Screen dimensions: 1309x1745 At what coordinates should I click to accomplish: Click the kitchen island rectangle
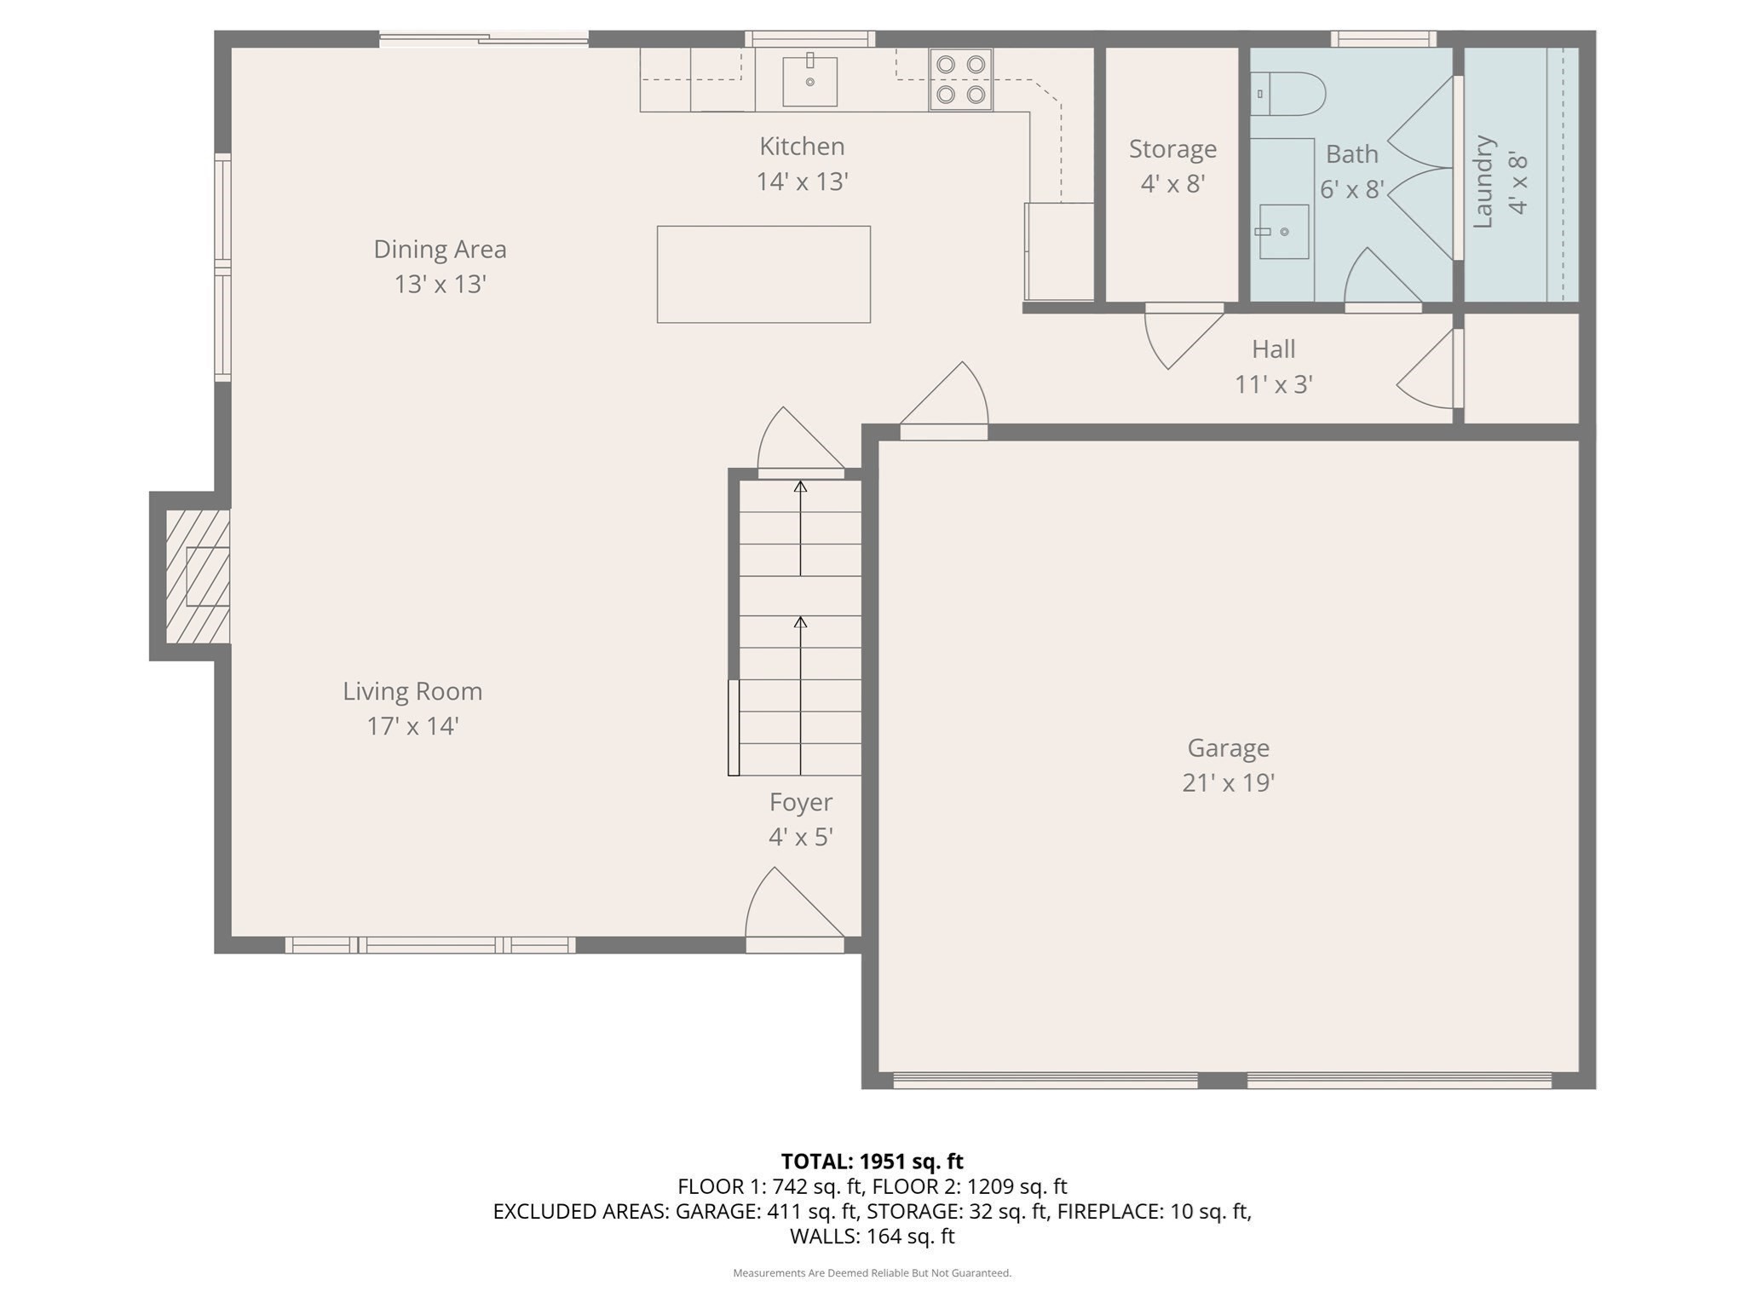(763, 274)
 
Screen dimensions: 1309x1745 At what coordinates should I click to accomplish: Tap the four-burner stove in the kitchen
(960, 80)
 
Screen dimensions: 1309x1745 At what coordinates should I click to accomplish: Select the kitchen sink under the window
(809, 81)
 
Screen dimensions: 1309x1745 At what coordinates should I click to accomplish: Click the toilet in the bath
(1288, 94)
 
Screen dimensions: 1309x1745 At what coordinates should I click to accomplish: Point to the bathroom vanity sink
(1284, 231)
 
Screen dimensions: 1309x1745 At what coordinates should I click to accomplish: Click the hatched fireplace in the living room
(198, 576)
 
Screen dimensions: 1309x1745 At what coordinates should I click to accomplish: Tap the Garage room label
(1228, 747)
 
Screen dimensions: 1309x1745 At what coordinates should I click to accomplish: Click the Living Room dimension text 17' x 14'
(412, 726)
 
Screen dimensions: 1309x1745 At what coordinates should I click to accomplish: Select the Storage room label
(1172, 148)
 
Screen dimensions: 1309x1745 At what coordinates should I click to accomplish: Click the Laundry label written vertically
(1483, 182)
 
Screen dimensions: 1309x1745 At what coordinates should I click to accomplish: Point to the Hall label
(1273, 349)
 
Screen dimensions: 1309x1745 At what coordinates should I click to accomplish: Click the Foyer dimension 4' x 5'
(800, 837)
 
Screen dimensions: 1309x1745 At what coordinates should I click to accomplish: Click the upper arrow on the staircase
(800, 528)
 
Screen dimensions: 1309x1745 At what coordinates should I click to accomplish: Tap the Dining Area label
(440, 249)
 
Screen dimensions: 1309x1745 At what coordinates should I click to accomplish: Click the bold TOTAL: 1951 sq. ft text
(872, 1162)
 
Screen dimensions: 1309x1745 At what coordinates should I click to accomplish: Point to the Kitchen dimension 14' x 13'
(802, 182)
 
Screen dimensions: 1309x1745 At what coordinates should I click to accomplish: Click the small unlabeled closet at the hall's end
(1521, 368)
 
